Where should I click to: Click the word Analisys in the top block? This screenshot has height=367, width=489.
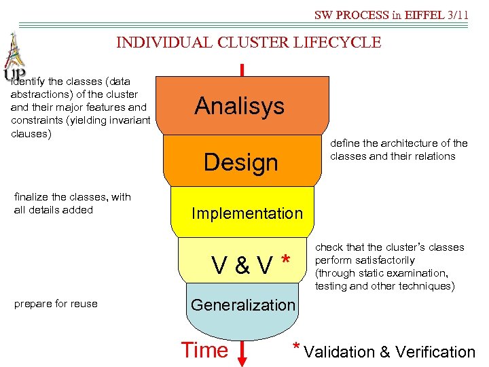[x=239, y=106]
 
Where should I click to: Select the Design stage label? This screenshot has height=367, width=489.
[x=241, y=162]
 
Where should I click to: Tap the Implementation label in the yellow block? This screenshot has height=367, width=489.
[x=247, y=213]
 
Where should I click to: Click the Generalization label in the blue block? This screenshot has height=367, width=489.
[x=243, y=305]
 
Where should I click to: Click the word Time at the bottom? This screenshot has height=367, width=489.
[x=204, y=350]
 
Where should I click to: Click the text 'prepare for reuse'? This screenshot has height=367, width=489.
[x=56, y=304]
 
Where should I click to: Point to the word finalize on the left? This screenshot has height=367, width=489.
[x=31, y=197]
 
